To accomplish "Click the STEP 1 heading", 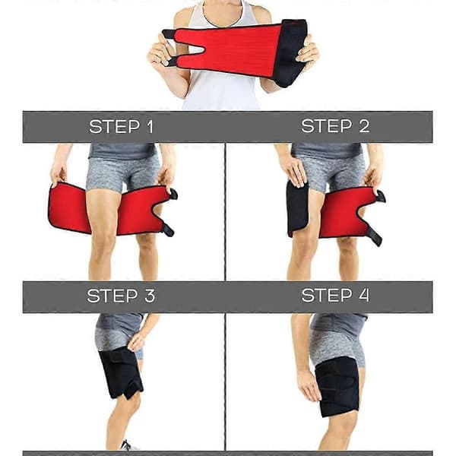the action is [x=121, y=126].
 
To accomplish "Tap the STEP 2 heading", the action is [x=335, y=126].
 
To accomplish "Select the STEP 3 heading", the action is [x=121, y=296].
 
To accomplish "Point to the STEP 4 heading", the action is [x=335, y=295].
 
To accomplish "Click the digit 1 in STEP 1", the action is [x=150, y=126].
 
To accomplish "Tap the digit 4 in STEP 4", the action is [x=364, y=295].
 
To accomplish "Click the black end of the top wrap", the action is [x=291, y=52].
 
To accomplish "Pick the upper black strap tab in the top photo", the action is [x=169, y=35].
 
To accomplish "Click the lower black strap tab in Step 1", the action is [x=167, y=230].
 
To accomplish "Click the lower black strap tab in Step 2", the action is [x=375, y=236].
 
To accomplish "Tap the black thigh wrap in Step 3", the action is [x=120, y=374].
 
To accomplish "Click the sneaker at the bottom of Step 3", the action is [x=128, y=446].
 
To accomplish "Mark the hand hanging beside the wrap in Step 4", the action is [x=309, y=386].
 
